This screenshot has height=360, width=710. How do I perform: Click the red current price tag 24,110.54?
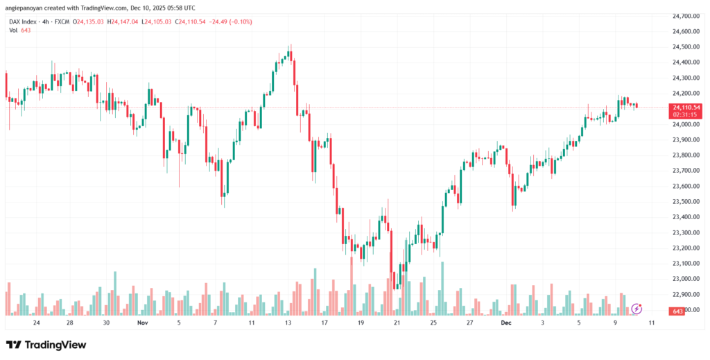coord(686,108)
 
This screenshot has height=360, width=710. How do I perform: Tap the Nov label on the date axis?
coord(143,323)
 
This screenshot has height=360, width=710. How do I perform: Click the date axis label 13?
coord(288,323)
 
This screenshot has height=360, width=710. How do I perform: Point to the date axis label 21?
coord(397,323)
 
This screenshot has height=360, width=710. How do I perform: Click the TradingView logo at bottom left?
coord(46,345)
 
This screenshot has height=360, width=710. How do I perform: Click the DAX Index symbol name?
coord(23,22)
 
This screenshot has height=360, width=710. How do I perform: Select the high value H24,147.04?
coord(121,22)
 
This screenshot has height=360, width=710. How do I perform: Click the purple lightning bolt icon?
coord(637,307)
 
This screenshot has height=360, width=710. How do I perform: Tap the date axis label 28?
coord(70,323)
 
